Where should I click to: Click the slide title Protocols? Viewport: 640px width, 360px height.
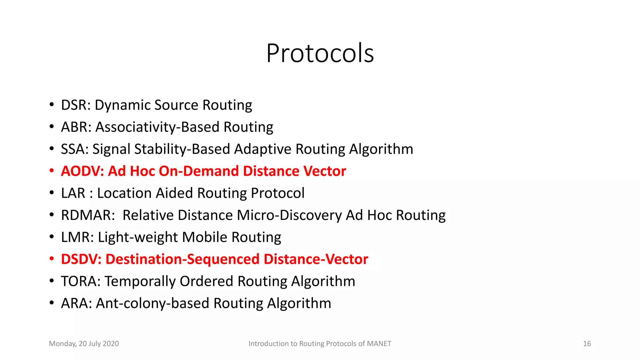pos(320,53)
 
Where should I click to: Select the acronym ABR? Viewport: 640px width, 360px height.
pos(74,127)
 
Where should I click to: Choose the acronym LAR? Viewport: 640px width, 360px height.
pos(73,193)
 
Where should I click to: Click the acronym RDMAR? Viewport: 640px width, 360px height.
pos(86,215)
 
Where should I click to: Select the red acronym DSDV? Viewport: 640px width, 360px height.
pos(79,259)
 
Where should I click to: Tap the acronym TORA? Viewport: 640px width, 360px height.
pos(79,281)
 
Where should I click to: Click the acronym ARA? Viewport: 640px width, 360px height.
pos(74,303)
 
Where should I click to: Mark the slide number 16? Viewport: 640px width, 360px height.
pos(587,344)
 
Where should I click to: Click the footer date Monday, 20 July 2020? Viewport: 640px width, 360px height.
pos(84,344)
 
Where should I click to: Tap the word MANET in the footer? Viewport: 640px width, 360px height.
pos(379,344)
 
